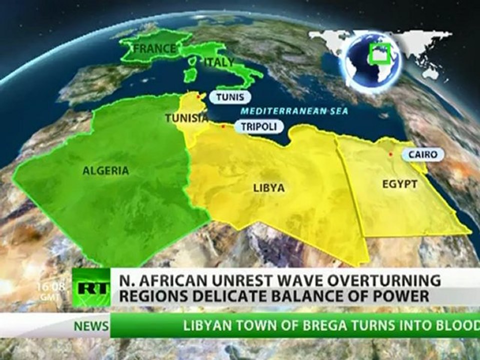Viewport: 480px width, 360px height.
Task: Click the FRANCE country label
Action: pos(155,48)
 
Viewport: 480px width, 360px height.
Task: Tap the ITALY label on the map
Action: pos(218,62)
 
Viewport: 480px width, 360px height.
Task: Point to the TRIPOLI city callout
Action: pos(258,126)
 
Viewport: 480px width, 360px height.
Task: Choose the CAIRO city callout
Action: pos(422,154)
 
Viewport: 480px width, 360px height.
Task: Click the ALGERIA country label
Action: pos(105,171)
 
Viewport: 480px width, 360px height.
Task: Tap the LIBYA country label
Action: pos(268,188)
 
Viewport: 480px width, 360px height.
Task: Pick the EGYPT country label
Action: pos(399,184)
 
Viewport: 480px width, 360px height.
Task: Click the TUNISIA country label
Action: pos(186,118)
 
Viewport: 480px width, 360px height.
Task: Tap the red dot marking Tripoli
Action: pos(223,126)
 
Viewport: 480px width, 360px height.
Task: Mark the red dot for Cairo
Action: pos(391,154)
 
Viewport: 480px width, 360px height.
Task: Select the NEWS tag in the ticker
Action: pos(91,326)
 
